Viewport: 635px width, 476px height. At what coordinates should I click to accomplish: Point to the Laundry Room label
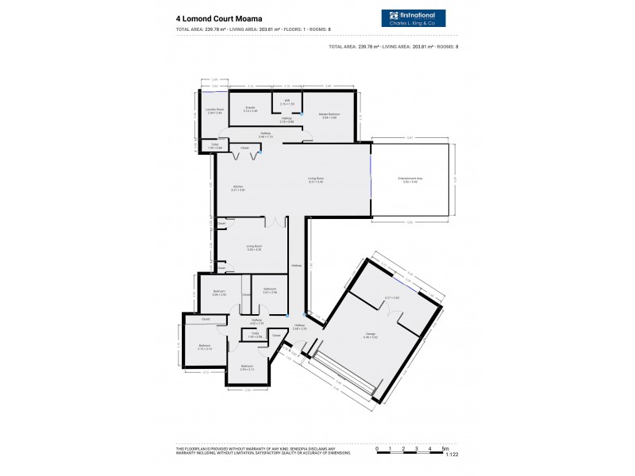[x=214, y=111]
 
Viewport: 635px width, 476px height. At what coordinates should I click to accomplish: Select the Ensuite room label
[x=250, y=109]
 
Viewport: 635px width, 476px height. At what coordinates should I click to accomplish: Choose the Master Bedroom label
[x=330, y=116]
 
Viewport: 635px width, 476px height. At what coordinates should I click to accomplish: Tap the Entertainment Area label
[x=410, y=180]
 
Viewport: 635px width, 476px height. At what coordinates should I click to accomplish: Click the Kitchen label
[x=237, y=188]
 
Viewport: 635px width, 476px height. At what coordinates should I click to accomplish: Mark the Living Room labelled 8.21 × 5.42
[x=316, y=180]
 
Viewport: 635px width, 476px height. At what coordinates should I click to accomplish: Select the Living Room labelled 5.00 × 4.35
[x=254, y=248]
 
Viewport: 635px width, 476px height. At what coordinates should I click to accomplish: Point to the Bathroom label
[x=270, y=290]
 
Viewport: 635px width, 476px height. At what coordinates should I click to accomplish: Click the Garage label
[x=370, y=335]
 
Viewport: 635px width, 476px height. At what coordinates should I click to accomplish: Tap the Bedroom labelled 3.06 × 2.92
[x=219, y=292]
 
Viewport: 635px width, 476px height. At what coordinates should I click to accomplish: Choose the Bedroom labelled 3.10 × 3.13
[x=205, y=347]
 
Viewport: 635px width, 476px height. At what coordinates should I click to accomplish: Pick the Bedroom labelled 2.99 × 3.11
[x=247, y=367]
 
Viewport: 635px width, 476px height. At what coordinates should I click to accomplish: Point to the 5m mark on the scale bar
[x=446, y=448]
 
